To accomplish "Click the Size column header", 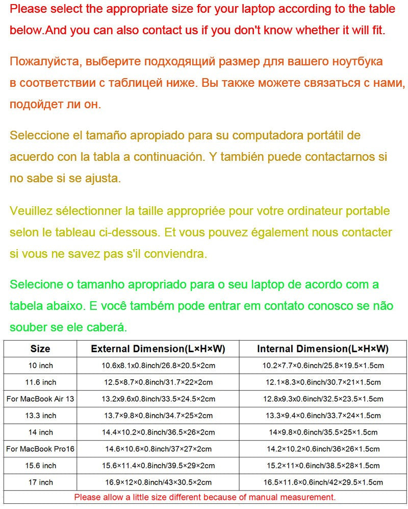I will (x=40, y=349).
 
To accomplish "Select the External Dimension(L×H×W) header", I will (x=158, y=349).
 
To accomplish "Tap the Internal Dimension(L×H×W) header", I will (x=323, y=349).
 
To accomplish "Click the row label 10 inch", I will (x=40, y=366).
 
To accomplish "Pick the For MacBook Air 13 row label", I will (x=40, y=399).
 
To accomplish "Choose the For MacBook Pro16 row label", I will (x=40, y=449).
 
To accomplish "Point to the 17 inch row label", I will (x=40, y=482).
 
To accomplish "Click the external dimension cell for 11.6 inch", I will (x=158, y=382).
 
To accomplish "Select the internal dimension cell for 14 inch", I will (x=323, y=432).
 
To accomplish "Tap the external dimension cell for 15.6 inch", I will (x=158, y=466).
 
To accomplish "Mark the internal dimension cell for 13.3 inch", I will (x=323, y=416).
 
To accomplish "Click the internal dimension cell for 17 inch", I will (x=323, y=482).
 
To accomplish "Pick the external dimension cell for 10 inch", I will (x=158, y=366).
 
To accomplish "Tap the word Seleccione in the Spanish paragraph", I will (x=39, y=136).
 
